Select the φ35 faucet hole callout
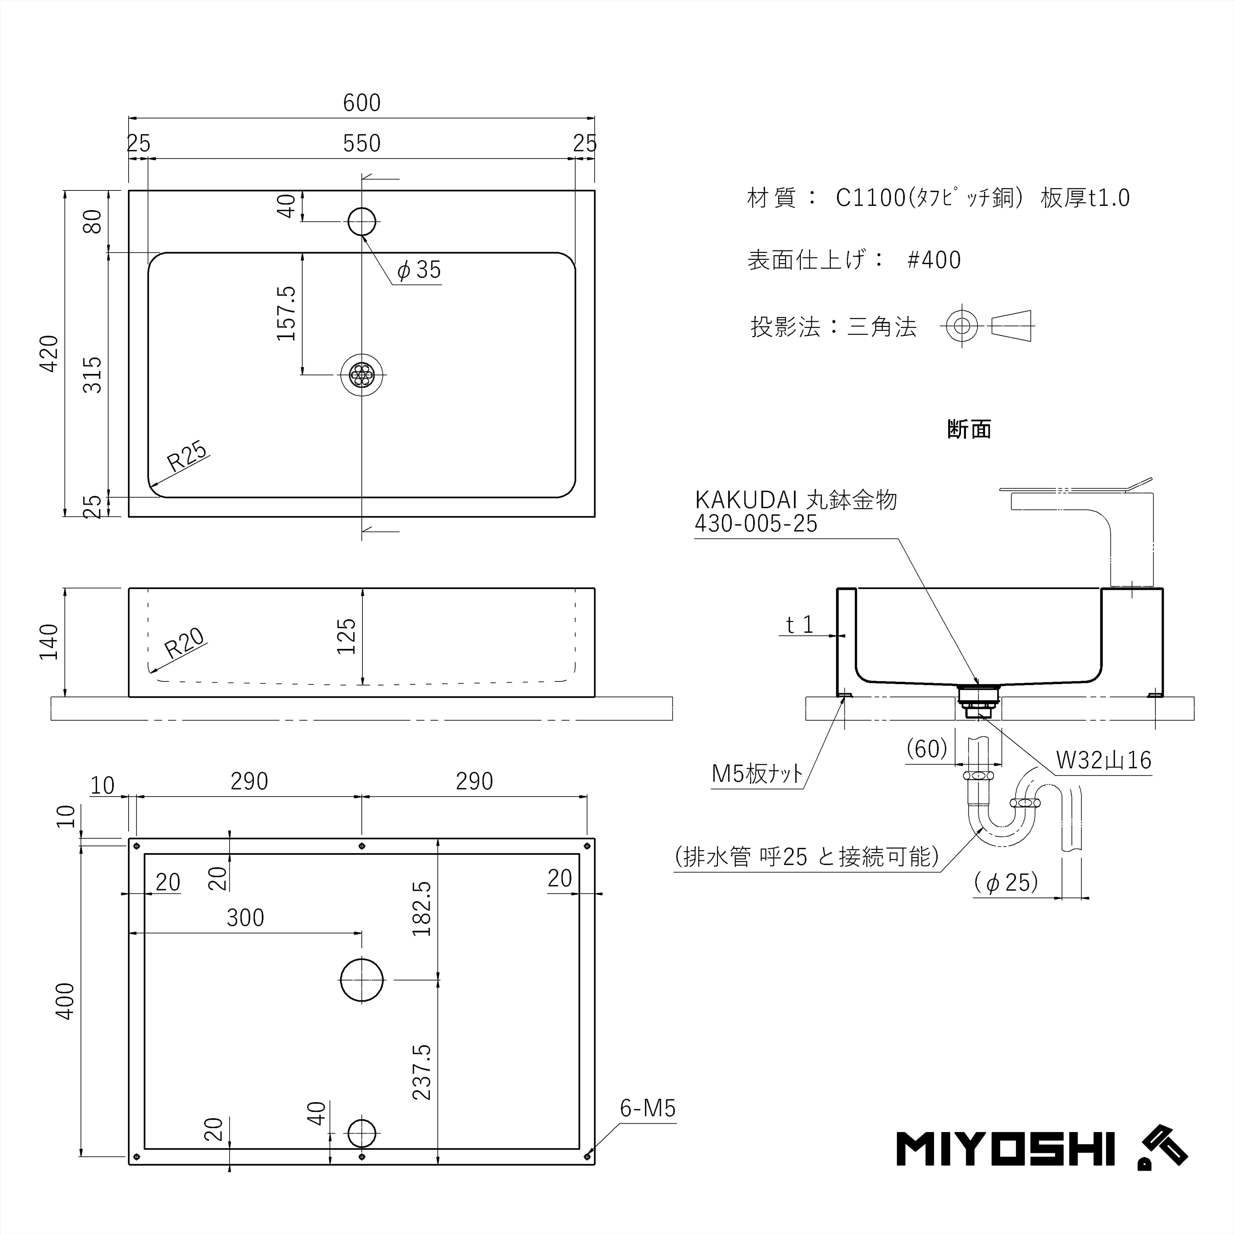click(x=419, y=270)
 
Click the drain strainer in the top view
click(x=362, y=374)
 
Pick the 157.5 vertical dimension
click(x=287, y=313)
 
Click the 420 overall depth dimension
click(x=49, y=353)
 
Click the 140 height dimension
click(x=49, y=642)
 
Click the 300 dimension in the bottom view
click(x=245, y=918)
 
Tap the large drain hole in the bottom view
click(x=362, y=980)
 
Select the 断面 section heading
click(x=969, y=430)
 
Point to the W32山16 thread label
click(x=1104, y=760)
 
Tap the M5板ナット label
click(x=758, y=774)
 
